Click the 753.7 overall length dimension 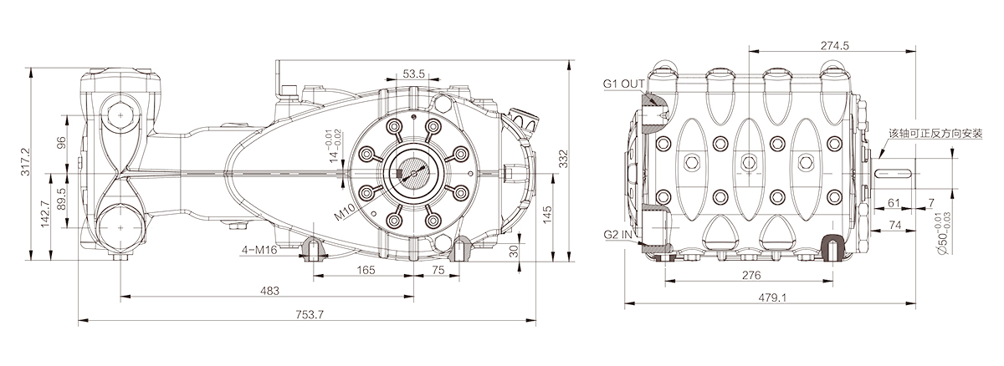click(x=310, y=314)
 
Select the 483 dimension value click(x=269, y=291)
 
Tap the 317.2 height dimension click(x=26, y=162)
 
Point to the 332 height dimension click(x=563, y=159)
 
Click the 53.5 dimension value click(x=413, y=74)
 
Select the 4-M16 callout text click(x=259, y=250)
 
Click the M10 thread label click(x=345, y=212)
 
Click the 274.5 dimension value click(x=835, y=46)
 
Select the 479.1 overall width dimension click(x=772, y=297)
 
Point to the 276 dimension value click(x=751, y=275)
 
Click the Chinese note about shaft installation click(x=936, y=134)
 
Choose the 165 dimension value click(x=366, y=270)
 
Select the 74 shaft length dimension click(x=894, y=225)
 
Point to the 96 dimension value click(x=61, y=142)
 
